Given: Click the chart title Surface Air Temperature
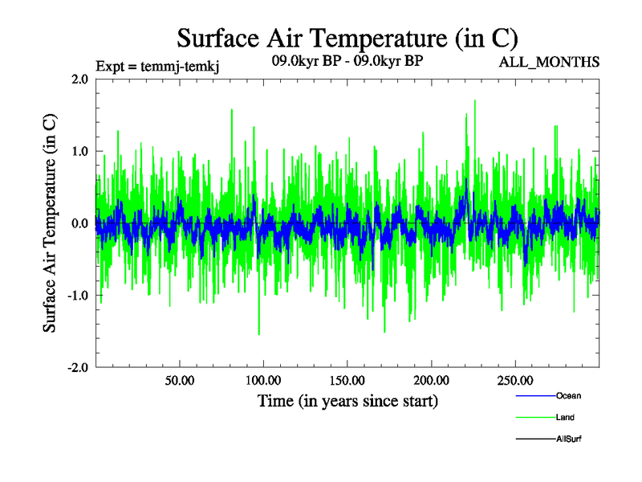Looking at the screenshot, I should click(x=347, y=38).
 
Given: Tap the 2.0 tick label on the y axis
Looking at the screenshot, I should click(x=79, y=79).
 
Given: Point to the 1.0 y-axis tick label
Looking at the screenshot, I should click(x=79, y=151).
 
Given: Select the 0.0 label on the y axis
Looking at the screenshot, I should click(x=79, y=223).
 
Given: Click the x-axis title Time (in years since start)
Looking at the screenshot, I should click(x=347, y=399).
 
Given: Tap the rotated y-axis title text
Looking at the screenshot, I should click(x=50, y=223).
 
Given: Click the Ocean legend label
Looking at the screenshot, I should click(x=568, y=395).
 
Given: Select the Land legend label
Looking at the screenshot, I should click(x=565, y=417).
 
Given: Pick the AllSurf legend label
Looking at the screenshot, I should click(x=568, y=439).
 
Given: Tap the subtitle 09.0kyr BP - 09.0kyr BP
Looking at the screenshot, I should click(x=347, y=59).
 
